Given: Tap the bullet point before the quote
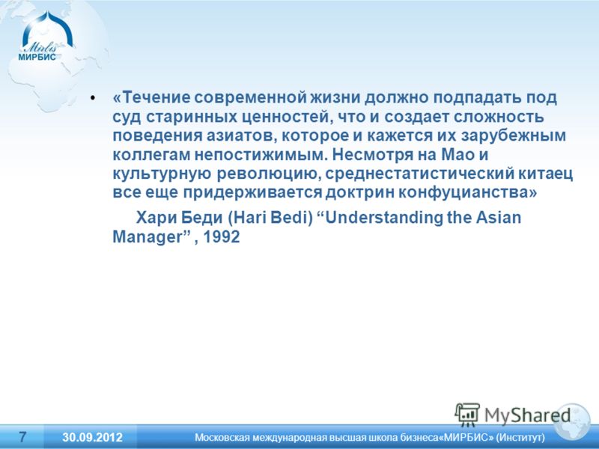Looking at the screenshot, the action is point(92,98).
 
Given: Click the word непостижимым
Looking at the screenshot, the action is point(261,155).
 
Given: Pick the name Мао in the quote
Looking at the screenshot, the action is point(457,154).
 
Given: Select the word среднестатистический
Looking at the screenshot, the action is point(419,174).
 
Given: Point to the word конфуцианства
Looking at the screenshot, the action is point(468,192).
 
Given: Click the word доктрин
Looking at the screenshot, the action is point(360,192).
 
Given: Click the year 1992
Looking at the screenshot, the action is point(221,236).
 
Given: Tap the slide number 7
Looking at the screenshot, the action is point(22,436).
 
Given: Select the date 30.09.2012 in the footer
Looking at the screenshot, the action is point(92,437).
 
